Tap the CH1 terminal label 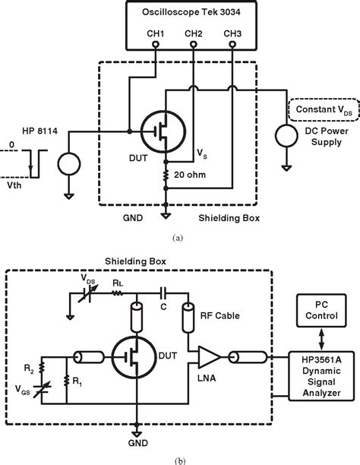157,34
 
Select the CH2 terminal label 194,34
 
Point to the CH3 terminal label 231,34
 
